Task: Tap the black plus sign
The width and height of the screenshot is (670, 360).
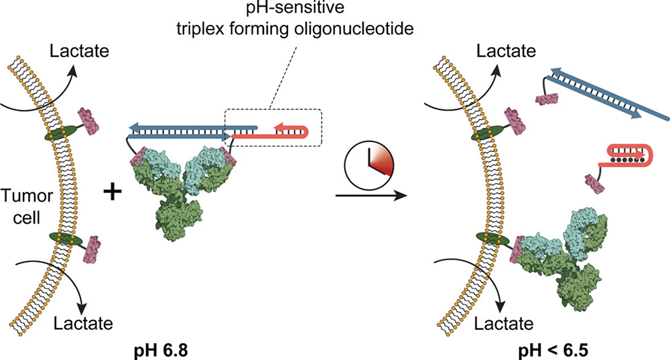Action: click(x=113, y=192)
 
